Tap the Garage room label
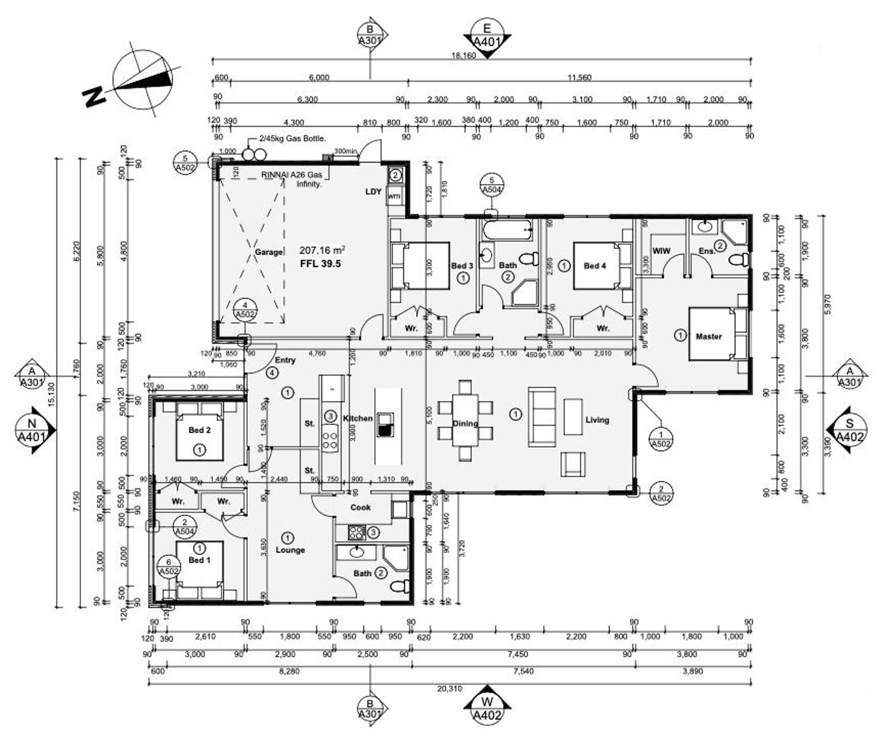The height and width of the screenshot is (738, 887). click(269, 252)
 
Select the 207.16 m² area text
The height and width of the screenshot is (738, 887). click(322, 250)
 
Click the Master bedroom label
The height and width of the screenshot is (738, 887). click(708, 337)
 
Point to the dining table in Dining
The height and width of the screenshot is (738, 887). click(465, 420)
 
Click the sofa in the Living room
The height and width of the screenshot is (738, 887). click(542, 418)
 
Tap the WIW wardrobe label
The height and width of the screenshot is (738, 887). click(661, 251)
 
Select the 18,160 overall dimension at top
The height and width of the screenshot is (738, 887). click(464, 55)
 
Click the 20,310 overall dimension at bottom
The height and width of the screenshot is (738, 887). click(449, 689)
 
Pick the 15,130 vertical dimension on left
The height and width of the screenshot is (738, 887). click(51, 394)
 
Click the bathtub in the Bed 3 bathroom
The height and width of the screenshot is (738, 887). click(507, 230)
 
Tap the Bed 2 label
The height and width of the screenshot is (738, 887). click(199, 430)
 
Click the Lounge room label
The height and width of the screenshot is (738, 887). click(290, 550)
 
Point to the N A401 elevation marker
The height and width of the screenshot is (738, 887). click(32, 430)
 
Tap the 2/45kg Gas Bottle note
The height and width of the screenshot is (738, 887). click(292, 138)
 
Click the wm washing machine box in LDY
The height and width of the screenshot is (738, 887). click(394, 197)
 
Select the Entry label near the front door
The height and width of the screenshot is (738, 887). click(285, 360)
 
